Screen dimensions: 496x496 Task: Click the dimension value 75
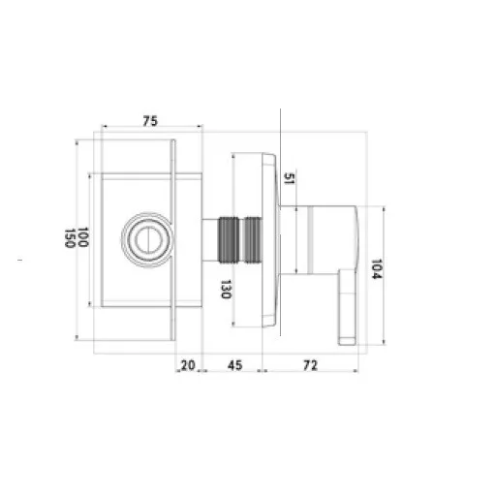[150, 121]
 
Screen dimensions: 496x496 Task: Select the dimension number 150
[69, 238]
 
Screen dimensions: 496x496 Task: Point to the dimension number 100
[83, 238]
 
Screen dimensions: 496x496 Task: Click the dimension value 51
[287, 176]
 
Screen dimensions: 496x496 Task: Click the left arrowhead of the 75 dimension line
[102, 129]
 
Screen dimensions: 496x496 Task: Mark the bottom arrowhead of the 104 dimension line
[387, 344]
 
